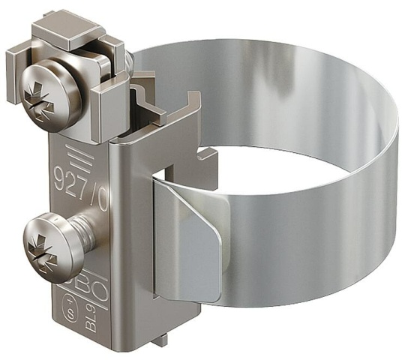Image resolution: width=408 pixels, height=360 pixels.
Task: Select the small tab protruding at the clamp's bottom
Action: [x=160, y=340]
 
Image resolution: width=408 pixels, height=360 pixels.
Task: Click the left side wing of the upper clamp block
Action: [x=18, y=64]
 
